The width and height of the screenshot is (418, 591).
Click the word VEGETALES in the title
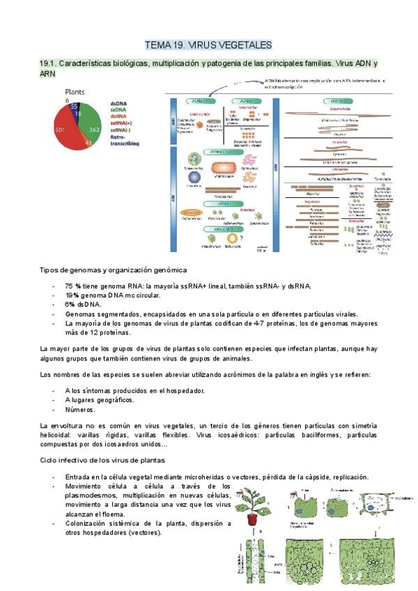[x=240, y=45]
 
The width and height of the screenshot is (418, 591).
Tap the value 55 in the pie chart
[x=75, y=107]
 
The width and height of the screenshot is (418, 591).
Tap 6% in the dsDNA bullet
[x=71, y=305]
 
